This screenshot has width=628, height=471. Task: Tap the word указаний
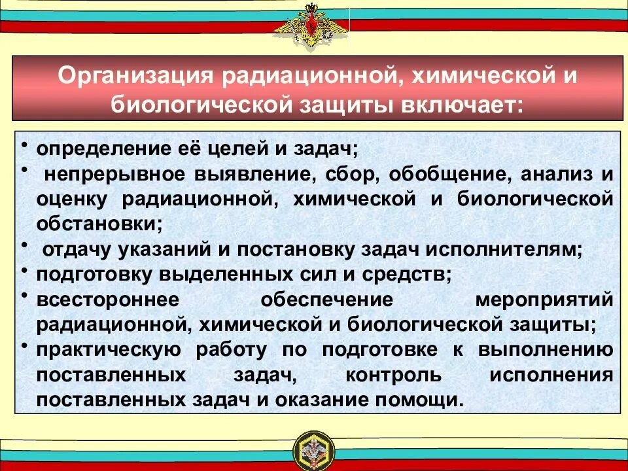pyautogui.click(x=152, y=249)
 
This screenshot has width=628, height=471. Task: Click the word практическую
pyautogui.click(x=110, y=350)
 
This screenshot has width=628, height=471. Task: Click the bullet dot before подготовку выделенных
pyautogui.click(x=24, y=270)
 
